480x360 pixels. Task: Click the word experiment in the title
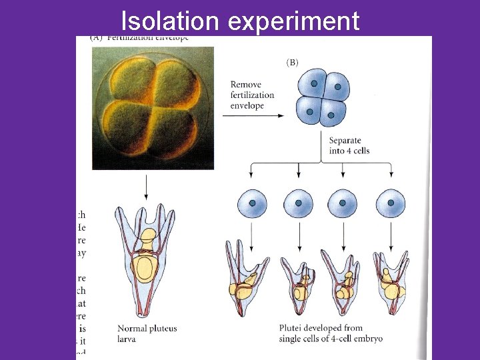tap(293, 21)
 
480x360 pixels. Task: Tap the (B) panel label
tap(292, 63)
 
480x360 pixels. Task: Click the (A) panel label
tap(97, 37)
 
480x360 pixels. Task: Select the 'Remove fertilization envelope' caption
tap(252, 95)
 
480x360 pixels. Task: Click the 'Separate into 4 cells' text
tap(349, 145)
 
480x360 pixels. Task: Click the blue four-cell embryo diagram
tap(323, 99)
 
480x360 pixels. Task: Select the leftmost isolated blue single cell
tap(253, 204)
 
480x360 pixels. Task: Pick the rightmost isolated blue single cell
tap(390, 204)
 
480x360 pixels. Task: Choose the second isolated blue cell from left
tap(299, 204)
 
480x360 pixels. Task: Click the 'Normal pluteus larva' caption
tap(147, 333)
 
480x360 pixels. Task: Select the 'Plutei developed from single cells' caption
tap(331, 333)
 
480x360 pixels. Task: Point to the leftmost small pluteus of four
tap(246, 277)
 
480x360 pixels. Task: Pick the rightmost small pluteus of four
tap(390, 280)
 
